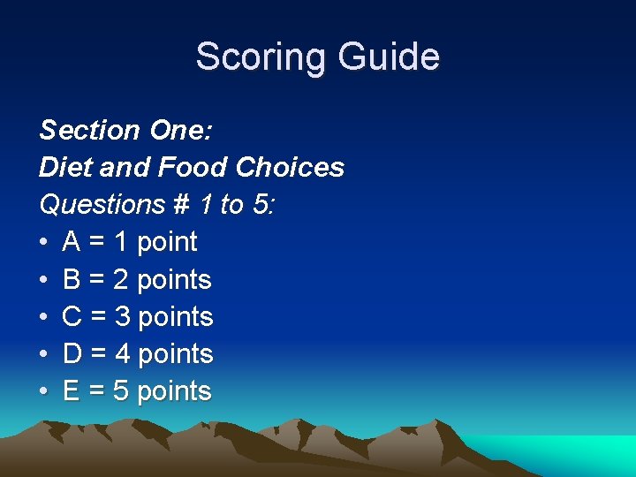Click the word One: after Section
pos(179,131)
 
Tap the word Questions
pos(102,205)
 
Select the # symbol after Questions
pos(181,205)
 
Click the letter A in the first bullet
pos(72,242)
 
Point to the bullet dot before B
pos(44,280)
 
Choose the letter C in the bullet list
pos(72,317)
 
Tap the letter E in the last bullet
pos(72,391)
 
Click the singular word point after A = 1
pos(167,242)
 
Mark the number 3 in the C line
pos(122,317)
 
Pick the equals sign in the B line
pos(96,280)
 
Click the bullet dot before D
pos(44,354)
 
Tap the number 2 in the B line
pos(121,280)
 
